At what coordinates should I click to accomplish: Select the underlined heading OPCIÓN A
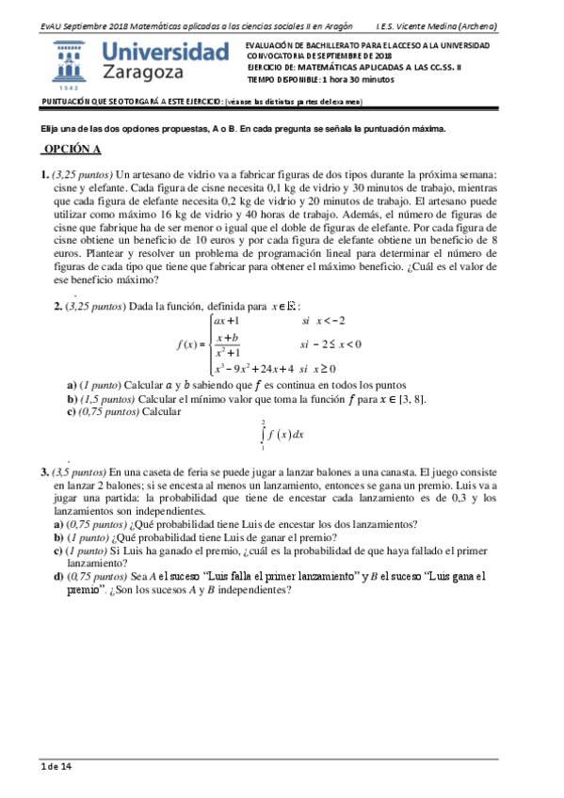71,150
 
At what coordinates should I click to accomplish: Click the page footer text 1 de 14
56,768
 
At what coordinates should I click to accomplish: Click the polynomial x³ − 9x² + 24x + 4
255,368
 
